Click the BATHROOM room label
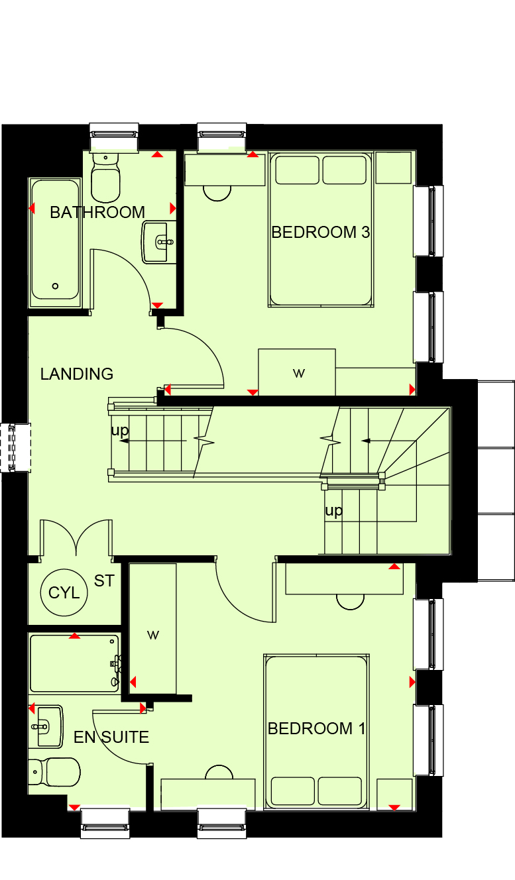tap(97, 213)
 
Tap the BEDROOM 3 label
tap(321, 232)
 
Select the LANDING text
tap(77, 374)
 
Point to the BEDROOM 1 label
tap(316, 729)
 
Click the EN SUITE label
tap(111, 738)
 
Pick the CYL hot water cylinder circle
tap(64, 592)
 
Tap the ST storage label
tap(104, 580)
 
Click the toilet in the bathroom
tap(105, 178)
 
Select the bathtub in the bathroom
tap(56, 243)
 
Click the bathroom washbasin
tap(158, 242)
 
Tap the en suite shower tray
tap(75, 663)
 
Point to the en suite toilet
tap(54, 773)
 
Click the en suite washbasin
tap(46, 726)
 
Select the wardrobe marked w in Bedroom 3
tap(297, 372)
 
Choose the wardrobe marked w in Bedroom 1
tap(153, 629)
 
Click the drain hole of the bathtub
tap(56, 286)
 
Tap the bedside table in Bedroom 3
tap(393, 168)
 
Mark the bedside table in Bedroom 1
tap(394, 794)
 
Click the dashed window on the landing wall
tap(15, 447)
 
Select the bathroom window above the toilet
tap(114, 137)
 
